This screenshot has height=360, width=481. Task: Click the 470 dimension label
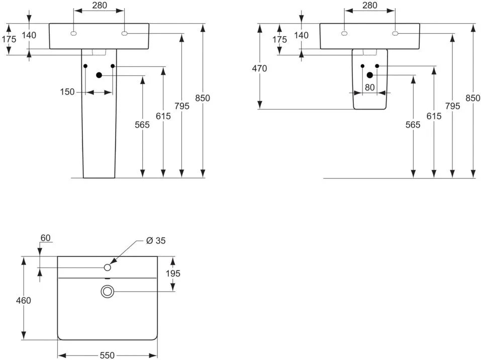(x=259, y=68)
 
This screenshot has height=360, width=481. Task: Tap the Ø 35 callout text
(x=156, y=241)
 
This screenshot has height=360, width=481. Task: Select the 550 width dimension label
(x=107, y=355)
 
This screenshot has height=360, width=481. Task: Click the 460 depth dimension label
(x=24, y=300)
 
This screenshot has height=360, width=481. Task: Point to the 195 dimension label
(x=173, y=273)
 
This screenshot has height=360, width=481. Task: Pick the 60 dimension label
(x=45, y=238)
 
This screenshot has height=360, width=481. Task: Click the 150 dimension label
(x=67, y=92)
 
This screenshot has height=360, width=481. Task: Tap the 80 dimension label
(x=369, y=87)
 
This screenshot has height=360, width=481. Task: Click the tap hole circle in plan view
(x=108, y=267)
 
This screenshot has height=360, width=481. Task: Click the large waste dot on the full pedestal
(x=99, y=75)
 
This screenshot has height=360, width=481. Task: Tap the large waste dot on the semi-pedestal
(x=369, y=75)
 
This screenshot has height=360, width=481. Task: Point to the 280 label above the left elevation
(x=100, y=5)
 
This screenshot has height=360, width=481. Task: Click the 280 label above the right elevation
(x=369, y=5)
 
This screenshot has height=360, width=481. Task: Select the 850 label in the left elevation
(x=203, y=98)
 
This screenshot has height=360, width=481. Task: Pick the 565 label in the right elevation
(x=413, y=125)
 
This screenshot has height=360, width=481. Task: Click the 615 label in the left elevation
(x=163, y=116)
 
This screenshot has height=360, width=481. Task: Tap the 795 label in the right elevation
(x=453, y=106)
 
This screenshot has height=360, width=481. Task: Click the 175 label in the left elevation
(x=9, y=39)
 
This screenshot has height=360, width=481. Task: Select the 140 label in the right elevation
(x=301, y=35)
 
